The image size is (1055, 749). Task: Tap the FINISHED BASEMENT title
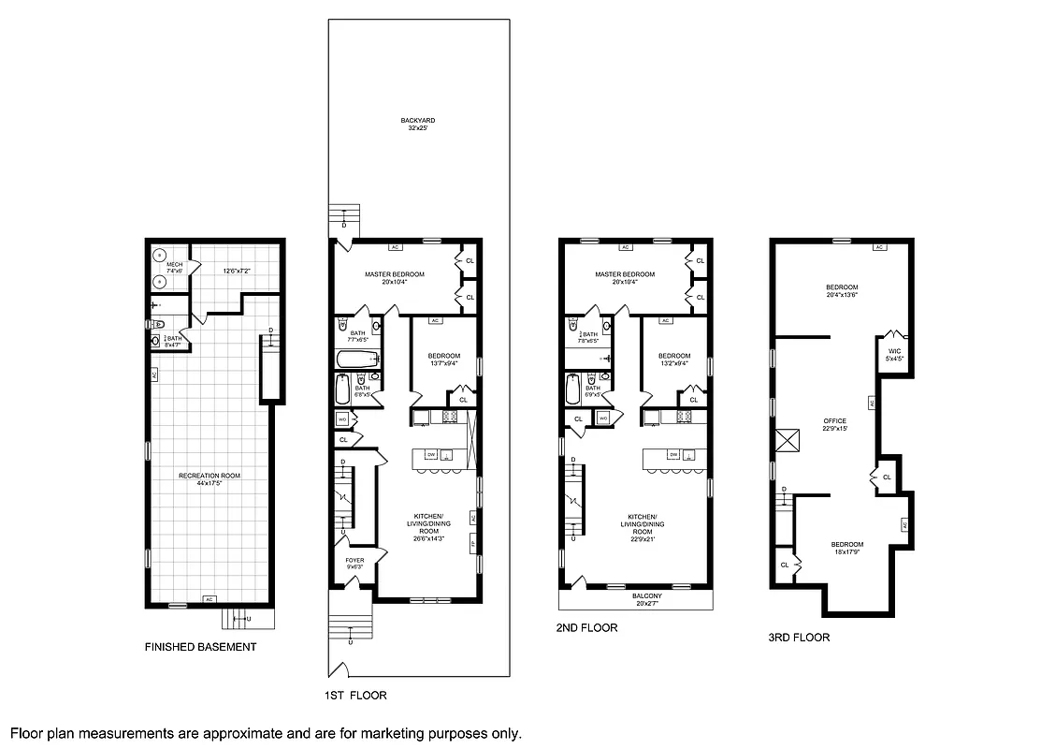tap(200, 647)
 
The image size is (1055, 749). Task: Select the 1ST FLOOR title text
tap(356, 696)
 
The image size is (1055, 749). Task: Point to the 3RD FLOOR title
tap(799, 638)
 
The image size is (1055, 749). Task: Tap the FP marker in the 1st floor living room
tap(473, 543)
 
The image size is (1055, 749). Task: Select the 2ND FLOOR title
tap(586, 628)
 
